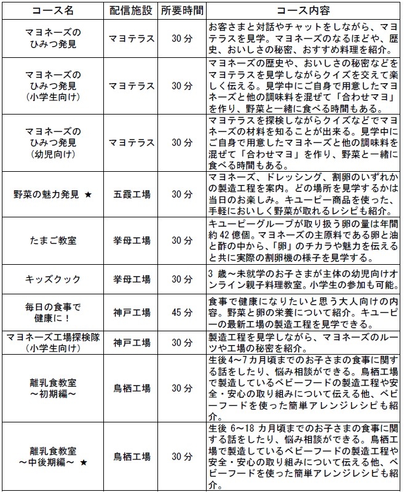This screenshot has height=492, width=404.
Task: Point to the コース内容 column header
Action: click(x=303, y=11)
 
